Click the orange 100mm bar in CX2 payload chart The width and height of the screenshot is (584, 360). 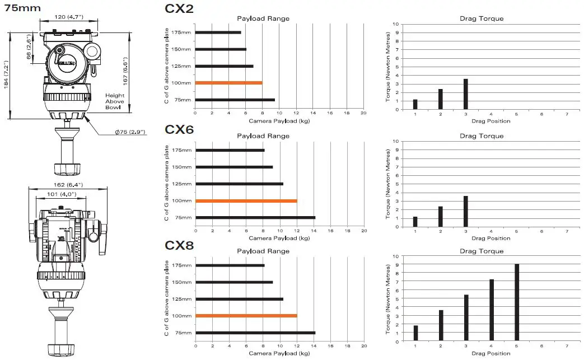pos(229,83)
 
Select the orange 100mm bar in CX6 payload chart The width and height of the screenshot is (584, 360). pos(246,200)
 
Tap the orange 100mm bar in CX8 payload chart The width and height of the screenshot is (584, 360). pos(246,316)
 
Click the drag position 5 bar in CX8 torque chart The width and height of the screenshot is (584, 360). pos(516,302)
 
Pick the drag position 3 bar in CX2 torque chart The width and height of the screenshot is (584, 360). pos(465,94)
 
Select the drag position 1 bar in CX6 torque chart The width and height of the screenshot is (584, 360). pos(415,222)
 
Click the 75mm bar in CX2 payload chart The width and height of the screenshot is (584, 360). pos(235,100)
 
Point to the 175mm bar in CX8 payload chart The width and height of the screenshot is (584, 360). pos(230,265)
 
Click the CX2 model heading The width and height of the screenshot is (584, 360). pos(179,8)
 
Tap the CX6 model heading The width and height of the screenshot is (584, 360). pos(179,129)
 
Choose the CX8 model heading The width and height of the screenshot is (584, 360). pos(179,245)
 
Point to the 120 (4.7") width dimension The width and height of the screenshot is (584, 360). pos(69,17)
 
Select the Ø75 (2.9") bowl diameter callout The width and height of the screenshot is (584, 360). pos(130,132)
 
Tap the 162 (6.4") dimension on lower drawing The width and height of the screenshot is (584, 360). pos(69,184)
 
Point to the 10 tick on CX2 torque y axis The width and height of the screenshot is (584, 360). pos(395,24)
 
